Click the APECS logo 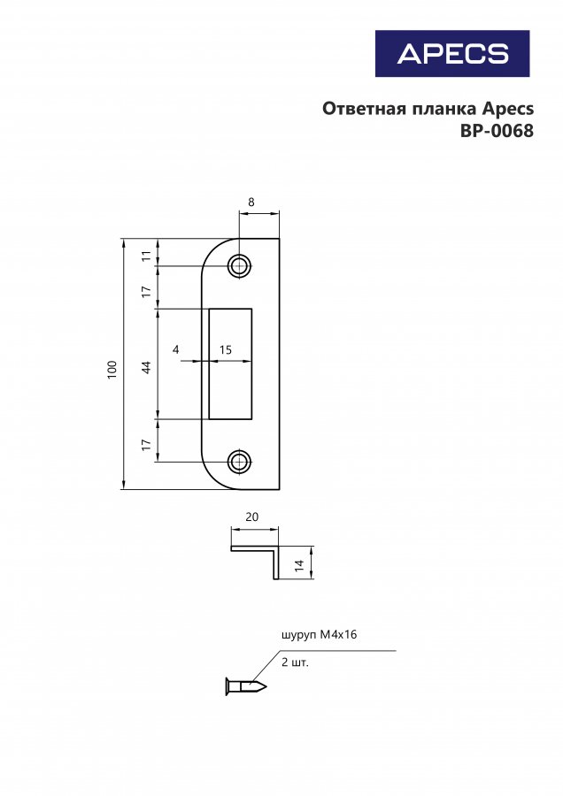[452, 53]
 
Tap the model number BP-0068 [497, 131]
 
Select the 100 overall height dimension [112, 369]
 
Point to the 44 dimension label [146, 367]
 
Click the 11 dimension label [146, 256]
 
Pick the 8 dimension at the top [251, 202]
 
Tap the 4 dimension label [176, 349]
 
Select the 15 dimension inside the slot [225, 349]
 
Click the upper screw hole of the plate [239, 265]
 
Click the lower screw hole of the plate [239, 462]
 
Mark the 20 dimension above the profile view [252, 517]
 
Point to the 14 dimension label [299, 566]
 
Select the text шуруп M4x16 [319, 634]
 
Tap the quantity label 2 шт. [295, 662]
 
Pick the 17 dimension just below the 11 [146, 292]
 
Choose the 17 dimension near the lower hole [146, 445]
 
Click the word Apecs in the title [507, 109]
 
